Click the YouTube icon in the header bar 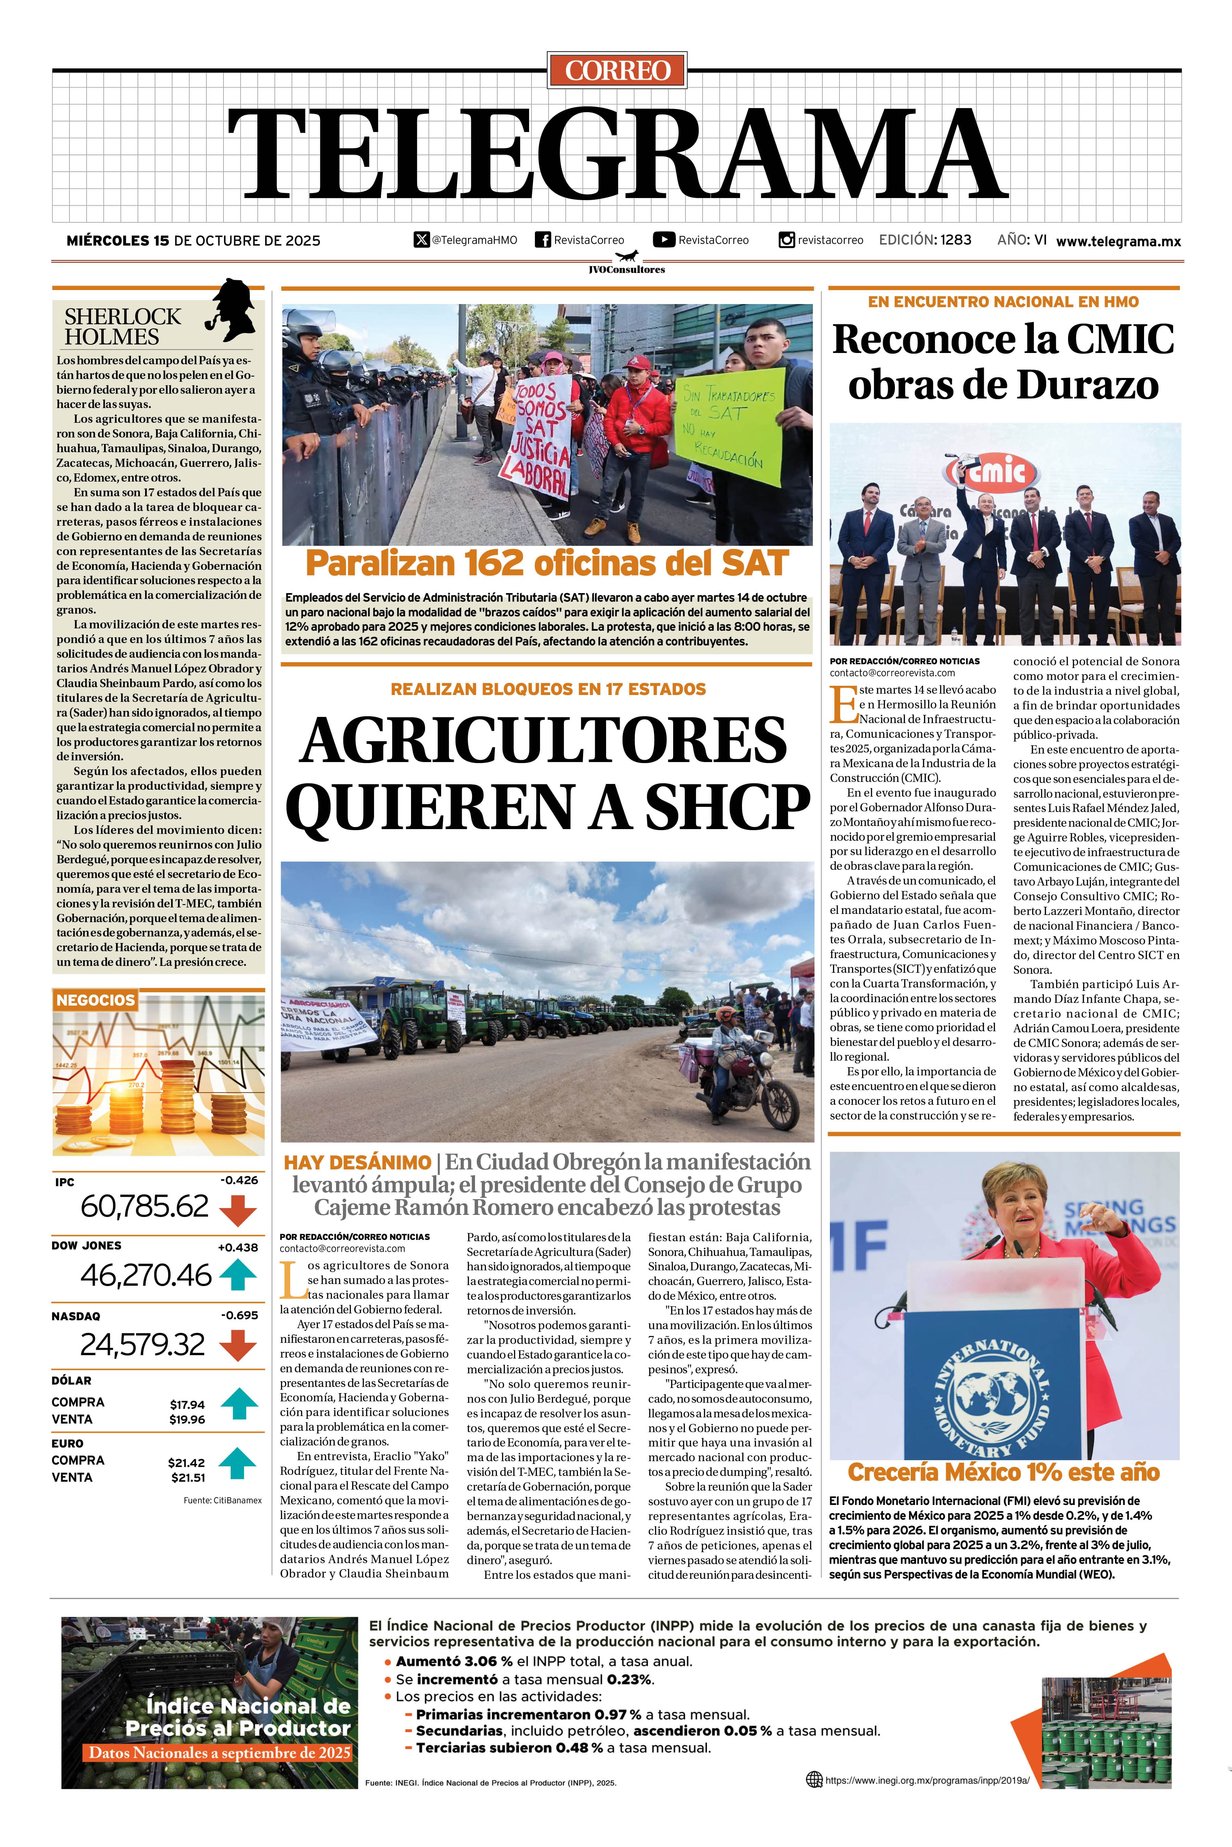tap(664, 239)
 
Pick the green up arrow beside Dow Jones tap(238, 1274)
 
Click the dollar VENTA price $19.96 tap(187, 1419)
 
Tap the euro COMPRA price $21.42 tap(186, 1462)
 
